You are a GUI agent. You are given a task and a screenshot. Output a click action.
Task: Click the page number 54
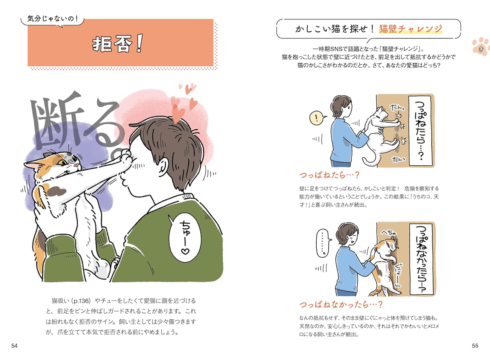click(x=14, y=346)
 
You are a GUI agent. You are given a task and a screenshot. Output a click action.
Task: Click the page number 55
click(x=475, y=346)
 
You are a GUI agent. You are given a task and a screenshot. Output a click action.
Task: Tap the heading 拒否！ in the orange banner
click(x=118, y=44)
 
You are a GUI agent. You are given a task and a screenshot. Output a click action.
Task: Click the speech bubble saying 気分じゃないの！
click(x=53, y=19)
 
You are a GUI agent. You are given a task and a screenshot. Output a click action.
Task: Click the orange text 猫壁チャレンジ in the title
click(x=411, y=29)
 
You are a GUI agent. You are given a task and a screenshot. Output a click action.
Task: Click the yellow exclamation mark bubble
click(x=316, y=118)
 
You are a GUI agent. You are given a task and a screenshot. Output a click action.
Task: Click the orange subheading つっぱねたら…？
click(x=329, y=175)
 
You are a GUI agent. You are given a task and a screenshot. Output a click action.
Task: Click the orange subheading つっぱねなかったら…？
click(x=341, y=305)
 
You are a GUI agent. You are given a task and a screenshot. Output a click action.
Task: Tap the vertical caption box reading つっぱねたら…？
click(x=420, y=130)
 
